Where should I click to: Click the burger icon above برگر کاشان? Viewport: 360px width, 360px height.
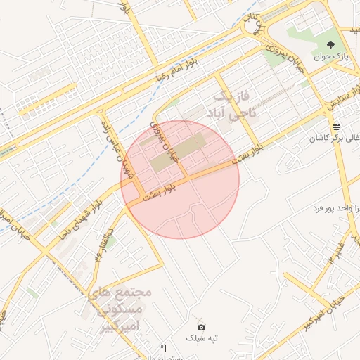point(337,127)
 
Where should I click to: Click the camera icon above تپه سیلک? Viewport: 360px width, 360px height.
point(202,327)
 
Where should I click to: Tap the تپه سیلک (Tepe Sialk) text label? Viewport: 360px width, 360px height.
point(202,338)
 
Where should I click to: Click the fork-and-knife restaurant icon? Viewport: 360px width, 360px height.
point(164,348)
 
